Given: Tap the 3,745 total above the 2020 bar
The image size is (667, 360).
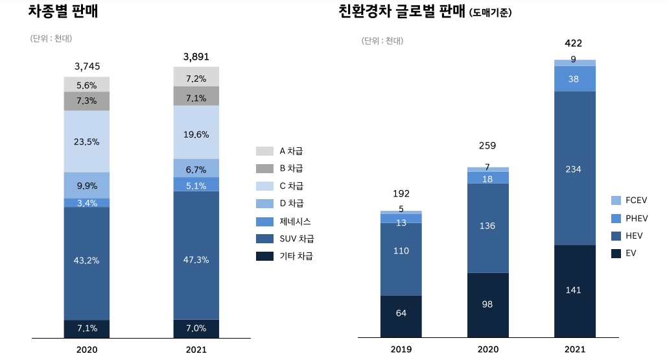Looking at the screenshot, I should point(87,66).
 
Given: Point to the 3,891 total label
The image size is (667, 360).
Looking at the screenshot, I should point(196,57).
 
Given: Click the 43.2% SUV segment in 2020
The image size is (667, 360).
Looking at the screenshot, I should point(87,261).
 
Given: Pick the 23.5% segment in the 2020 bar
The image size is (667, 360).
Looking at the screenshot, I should point(87,141).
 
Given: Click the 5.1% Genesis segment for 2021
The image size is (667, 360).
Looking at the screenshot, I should point(196,186).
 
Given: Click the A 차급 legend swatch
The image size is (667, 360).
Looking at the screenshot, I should point(264,151).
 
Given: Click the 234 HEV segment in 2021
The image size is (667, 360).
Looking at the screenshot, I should point(574,169).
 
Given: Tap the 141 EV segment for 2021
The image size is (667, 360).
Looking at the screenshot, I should point(574,290).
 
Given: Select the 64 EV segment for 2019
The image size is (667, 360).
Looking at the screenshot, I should point(401,314).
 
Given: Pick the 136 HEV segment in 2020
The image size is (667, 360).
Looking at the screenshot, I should point(487,226).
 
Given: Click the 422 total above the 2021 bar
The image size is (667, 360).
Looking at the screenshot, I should point(574,43).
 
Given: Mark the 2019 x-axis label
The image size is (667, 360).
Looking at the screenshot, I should point(401,350).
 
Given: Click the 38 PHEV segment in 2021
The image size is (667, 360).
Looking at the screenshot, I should point(574,78).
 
